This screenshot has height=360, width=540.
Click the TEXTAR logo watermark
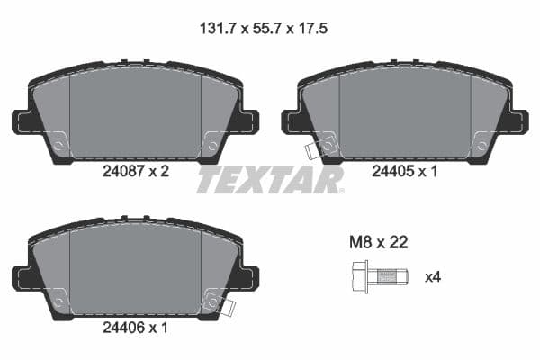pos(269,180)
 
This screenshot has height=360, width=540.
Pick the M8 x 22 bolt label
pos(379,242)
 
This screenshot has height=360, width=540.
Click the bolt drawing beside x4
pos(377,276)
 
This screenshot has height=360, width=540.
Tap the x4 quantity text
pos(433,277)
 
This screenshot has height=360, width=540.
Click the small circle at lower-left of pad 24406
pos(58,296)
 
